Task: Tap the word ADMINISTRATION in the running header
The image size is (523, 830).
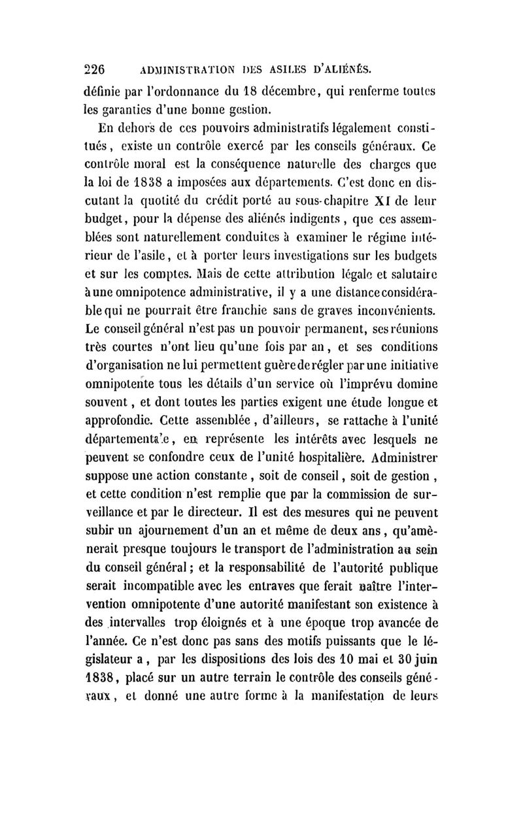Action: [186, 67]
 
